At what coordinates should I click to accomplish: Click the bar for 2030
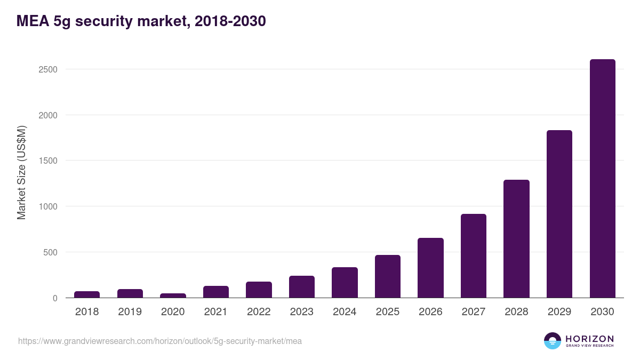point(602,179)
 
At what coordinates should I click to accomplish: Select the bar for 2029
point(559,214)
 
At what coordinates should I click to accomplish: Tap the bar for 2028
point(516,239)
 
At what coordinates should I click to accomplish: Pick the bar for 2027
point(474,256)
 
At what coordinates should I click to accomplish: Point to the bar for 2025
point(387,276)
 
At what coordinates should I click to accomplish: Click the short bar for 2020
point(173,295)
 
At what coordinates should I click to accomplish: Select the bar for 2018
point(87,294)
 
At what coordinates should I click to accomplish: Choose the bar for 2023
point(302,287)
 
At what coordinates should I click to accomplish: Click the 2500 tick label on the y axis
point(47,69)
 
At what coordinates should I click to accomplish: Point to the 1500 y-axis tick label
point(47,161)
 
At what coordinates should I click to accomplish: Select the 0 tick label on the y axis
point(55,298)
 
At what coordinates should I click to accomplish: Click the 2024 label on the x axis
point(345,312)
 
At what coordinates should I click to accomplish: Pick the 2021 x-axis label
point(215,312)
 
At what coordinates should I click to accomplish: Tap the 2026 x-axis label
point(430,312)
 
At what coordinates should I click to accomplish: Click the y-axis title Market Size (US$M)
point(21,172)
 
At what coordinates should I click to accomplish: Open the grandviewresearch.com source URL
point(160,341)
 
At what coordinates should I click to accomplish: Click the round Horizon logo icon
point(553,341)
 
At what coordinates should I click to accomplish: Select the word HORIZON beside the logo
point(589,338)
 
